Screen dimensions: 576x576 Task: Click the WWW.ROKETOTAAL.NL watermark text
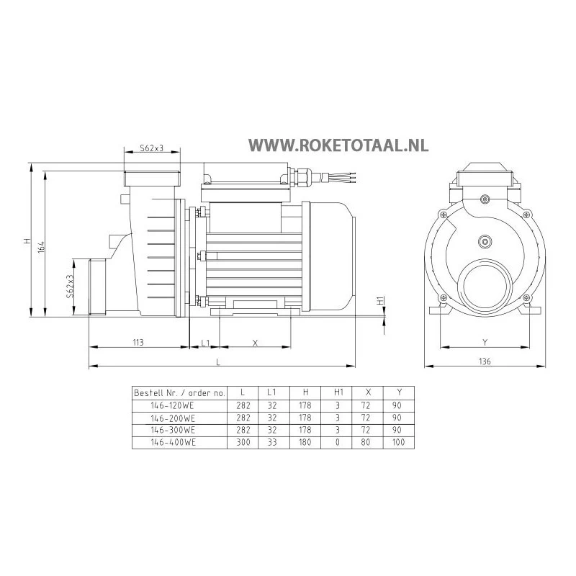tap(338, 145)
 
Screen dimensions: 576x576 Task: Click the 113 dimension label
tap(138, 343)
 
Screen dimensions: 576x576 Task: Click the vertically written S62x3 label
tap(70, 286)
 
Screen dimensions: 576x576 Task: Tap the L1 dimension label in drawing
tap(205, 343)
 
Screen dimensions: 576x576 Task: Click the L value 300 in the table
tap(243, 441)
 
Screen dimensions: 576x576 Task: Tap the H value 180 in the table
tap(306, 441)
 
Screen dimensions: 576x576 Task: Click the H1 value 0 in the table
tap(338, 441)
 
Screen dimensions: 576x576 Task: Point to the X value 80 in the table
tap(369, 441)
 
